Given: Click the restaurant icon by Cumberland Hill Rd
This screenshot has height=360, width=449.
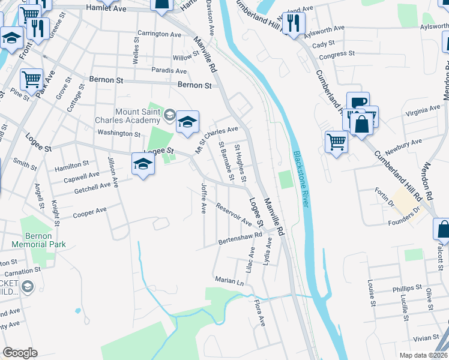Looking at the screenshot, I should (x=294, y=23).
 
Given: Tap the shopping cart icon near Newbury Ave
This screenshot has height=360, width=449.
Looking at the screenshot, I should (x=336, y=142).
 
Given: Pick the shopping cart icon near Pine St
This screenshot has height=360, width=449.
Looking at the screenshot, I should (x=31, y=79).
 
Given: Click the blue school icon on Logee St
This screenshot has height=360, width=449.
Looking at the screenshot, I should (x=143, y=163).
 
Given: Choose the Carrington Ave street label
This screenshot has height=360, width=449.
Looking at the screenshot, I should (x=159, y=34).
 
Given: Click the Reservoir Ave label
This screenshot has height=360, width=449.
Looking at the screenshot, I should (x=234, y=214).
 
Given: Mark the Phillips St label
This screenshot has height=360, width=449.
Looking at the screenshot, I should (x=408, y=289).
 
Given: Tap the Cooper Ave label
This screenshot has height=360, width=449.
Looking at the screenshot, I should (x=89, y=213).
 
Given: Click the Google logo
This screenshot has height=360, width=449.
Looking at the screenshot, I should (x=20, y=353).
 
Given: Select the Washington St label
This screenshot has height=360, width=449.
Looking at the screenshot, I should (x=118, y=134).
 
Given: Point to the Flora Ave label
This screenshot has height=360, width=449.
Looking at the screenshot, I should (x=259, y=313).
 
